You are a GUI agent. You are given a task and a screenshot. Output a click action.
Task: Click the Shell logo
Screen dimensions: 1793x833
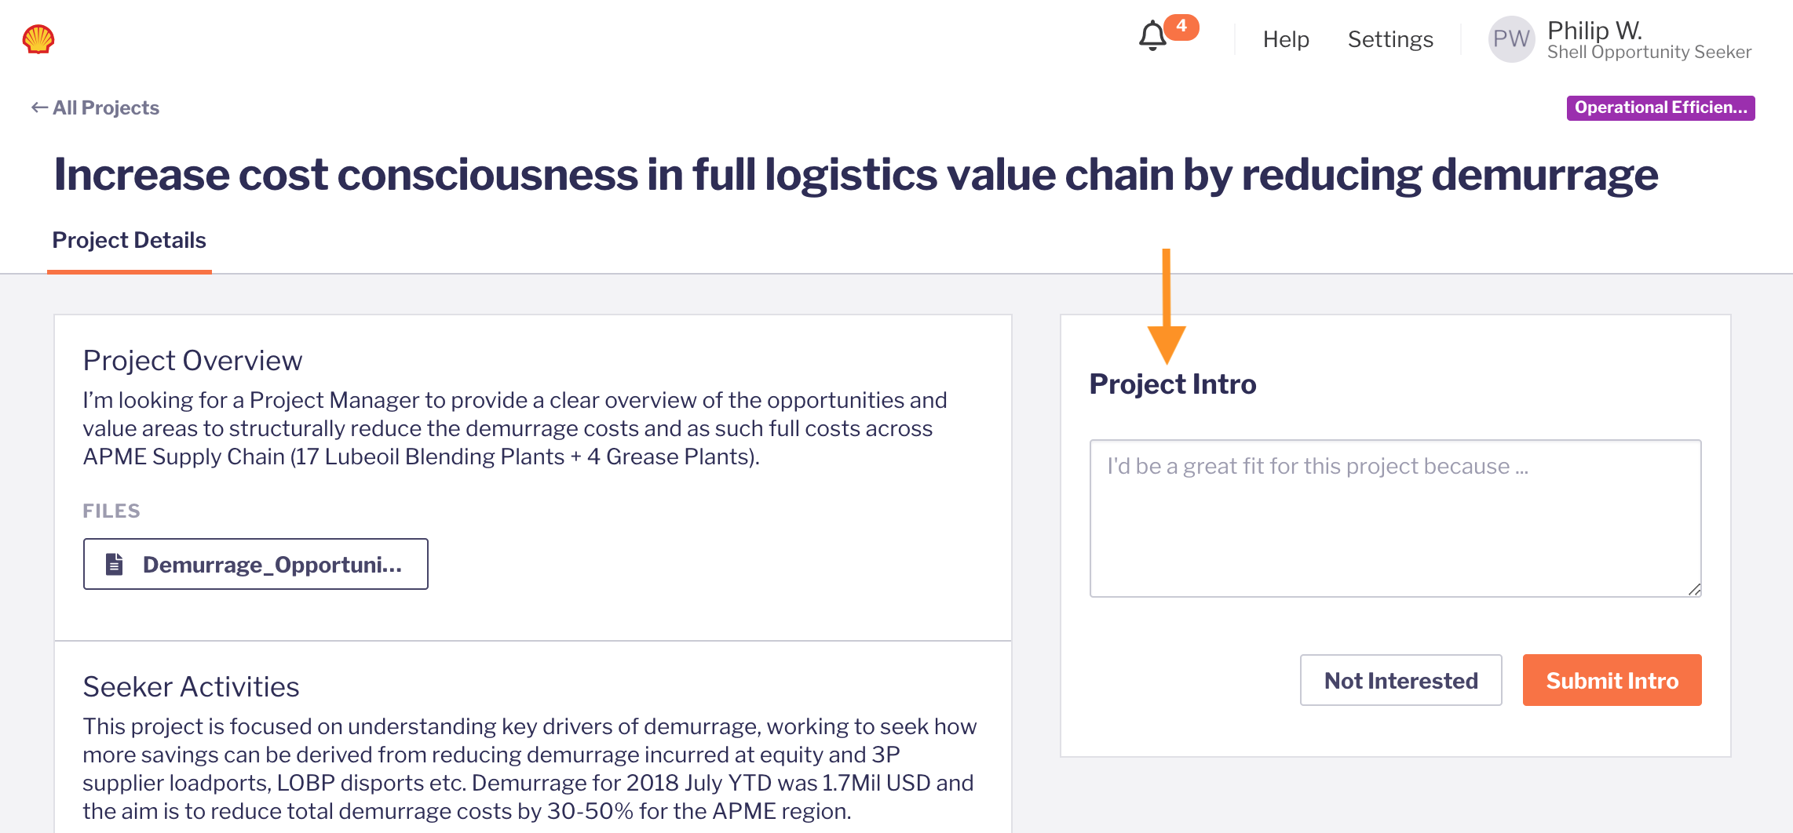pyautogui.click(x=38, y=38)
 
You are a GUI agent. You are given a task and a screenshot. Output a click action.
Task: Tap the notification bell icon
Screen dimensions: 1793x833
pyautogui.click(x=1152, y=36)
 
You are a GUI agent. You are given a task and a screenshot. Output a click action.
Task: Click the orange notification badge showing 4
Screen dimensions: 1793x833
pyautogui.click(x=1181, y=27)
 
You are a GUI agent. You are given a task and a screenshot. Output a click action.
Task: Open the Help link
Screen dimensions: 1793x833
pyautogui.click(x=1286, y=39)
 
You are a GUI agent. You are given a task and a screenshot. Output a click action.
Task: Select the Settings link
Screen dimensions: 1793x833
pyautogui.click(x=1390, y=39)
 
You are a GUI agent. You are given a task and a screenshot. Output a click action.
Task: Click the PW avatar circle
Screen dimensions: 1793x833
pyautogui.click(x=1511, y=39)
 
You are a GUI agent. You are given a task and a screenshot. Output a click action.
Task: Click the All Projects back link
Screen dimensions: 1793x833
pyautogui.click(x=95, y=107)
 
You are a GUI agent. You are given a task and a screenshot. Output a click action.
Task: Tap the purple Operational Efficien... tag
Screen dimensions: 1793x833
pyautogui.click(x=1660, y=107)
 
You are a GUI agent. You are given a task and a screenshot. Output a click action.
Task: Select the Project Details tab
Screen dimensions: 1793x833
pyautogui.click(x=129, y=240)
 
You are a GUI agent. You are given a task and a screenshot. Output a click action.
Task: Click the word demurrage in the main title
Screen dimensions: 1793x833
pyautogui.click(x=1544, y=175)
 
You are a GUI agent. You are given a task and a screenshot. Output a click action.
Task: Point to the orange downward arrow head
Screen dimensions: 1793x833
pyautogui.click(x=1167, y=344)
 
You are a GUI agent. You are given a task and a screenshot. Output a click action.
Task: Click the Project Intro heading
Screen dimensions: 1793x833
pyautogui.click(x=1173, y=384)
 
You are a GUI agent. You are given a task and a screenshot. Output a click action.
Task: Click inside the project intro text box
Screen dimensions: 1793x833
pyautogui.click(x=1395, y=518)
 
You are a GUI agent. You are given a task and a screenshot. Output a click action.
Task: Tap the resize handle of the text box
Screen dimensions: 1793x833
pyautogui.click(x=1694, y=590)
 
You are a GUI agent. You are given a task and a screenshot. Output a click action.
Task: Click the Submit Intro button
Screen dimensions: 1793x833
pyautogui.click(x=1612, y=680)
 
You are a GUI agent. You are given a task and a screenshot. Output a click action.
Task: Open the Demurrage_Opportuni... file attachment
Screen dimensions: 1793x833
pyautogui.click(x=256, y=564)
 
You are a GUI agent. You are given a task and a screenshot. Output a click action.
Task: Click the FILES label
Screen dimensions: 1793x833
pyautogui.click(x=111, y=511)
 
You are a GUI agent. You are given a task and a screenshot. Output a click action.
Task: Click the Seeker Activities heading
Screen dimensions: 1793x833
pyautogui.click(x=191, y=687)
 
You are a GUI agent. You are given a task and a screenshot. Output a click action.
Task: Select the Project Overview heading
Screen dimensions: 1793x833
pyautogui.click(x=192, y=361)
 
